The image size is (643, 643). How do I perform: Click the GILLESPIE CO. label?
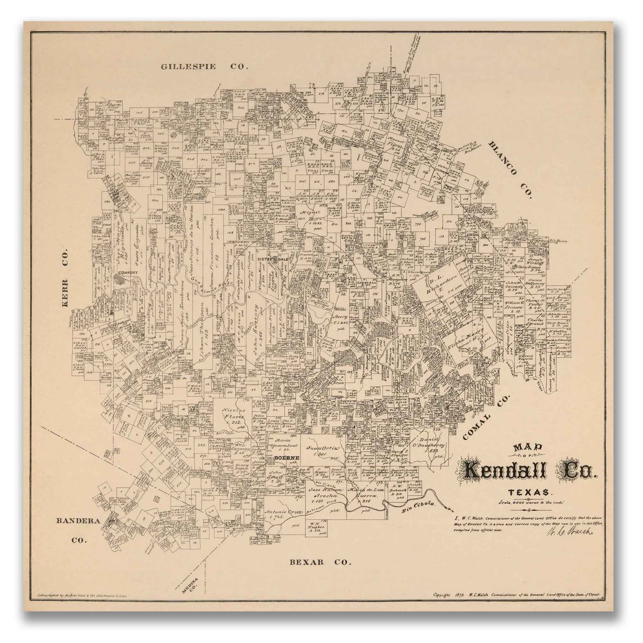pos(204,67)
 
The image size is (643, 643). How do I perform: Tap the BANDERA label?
pos(78,521)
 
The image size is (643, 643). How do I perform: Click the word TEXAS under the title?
pos(528,492)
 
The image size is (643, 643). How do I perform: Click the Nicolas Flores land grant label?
pos(234,416)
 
